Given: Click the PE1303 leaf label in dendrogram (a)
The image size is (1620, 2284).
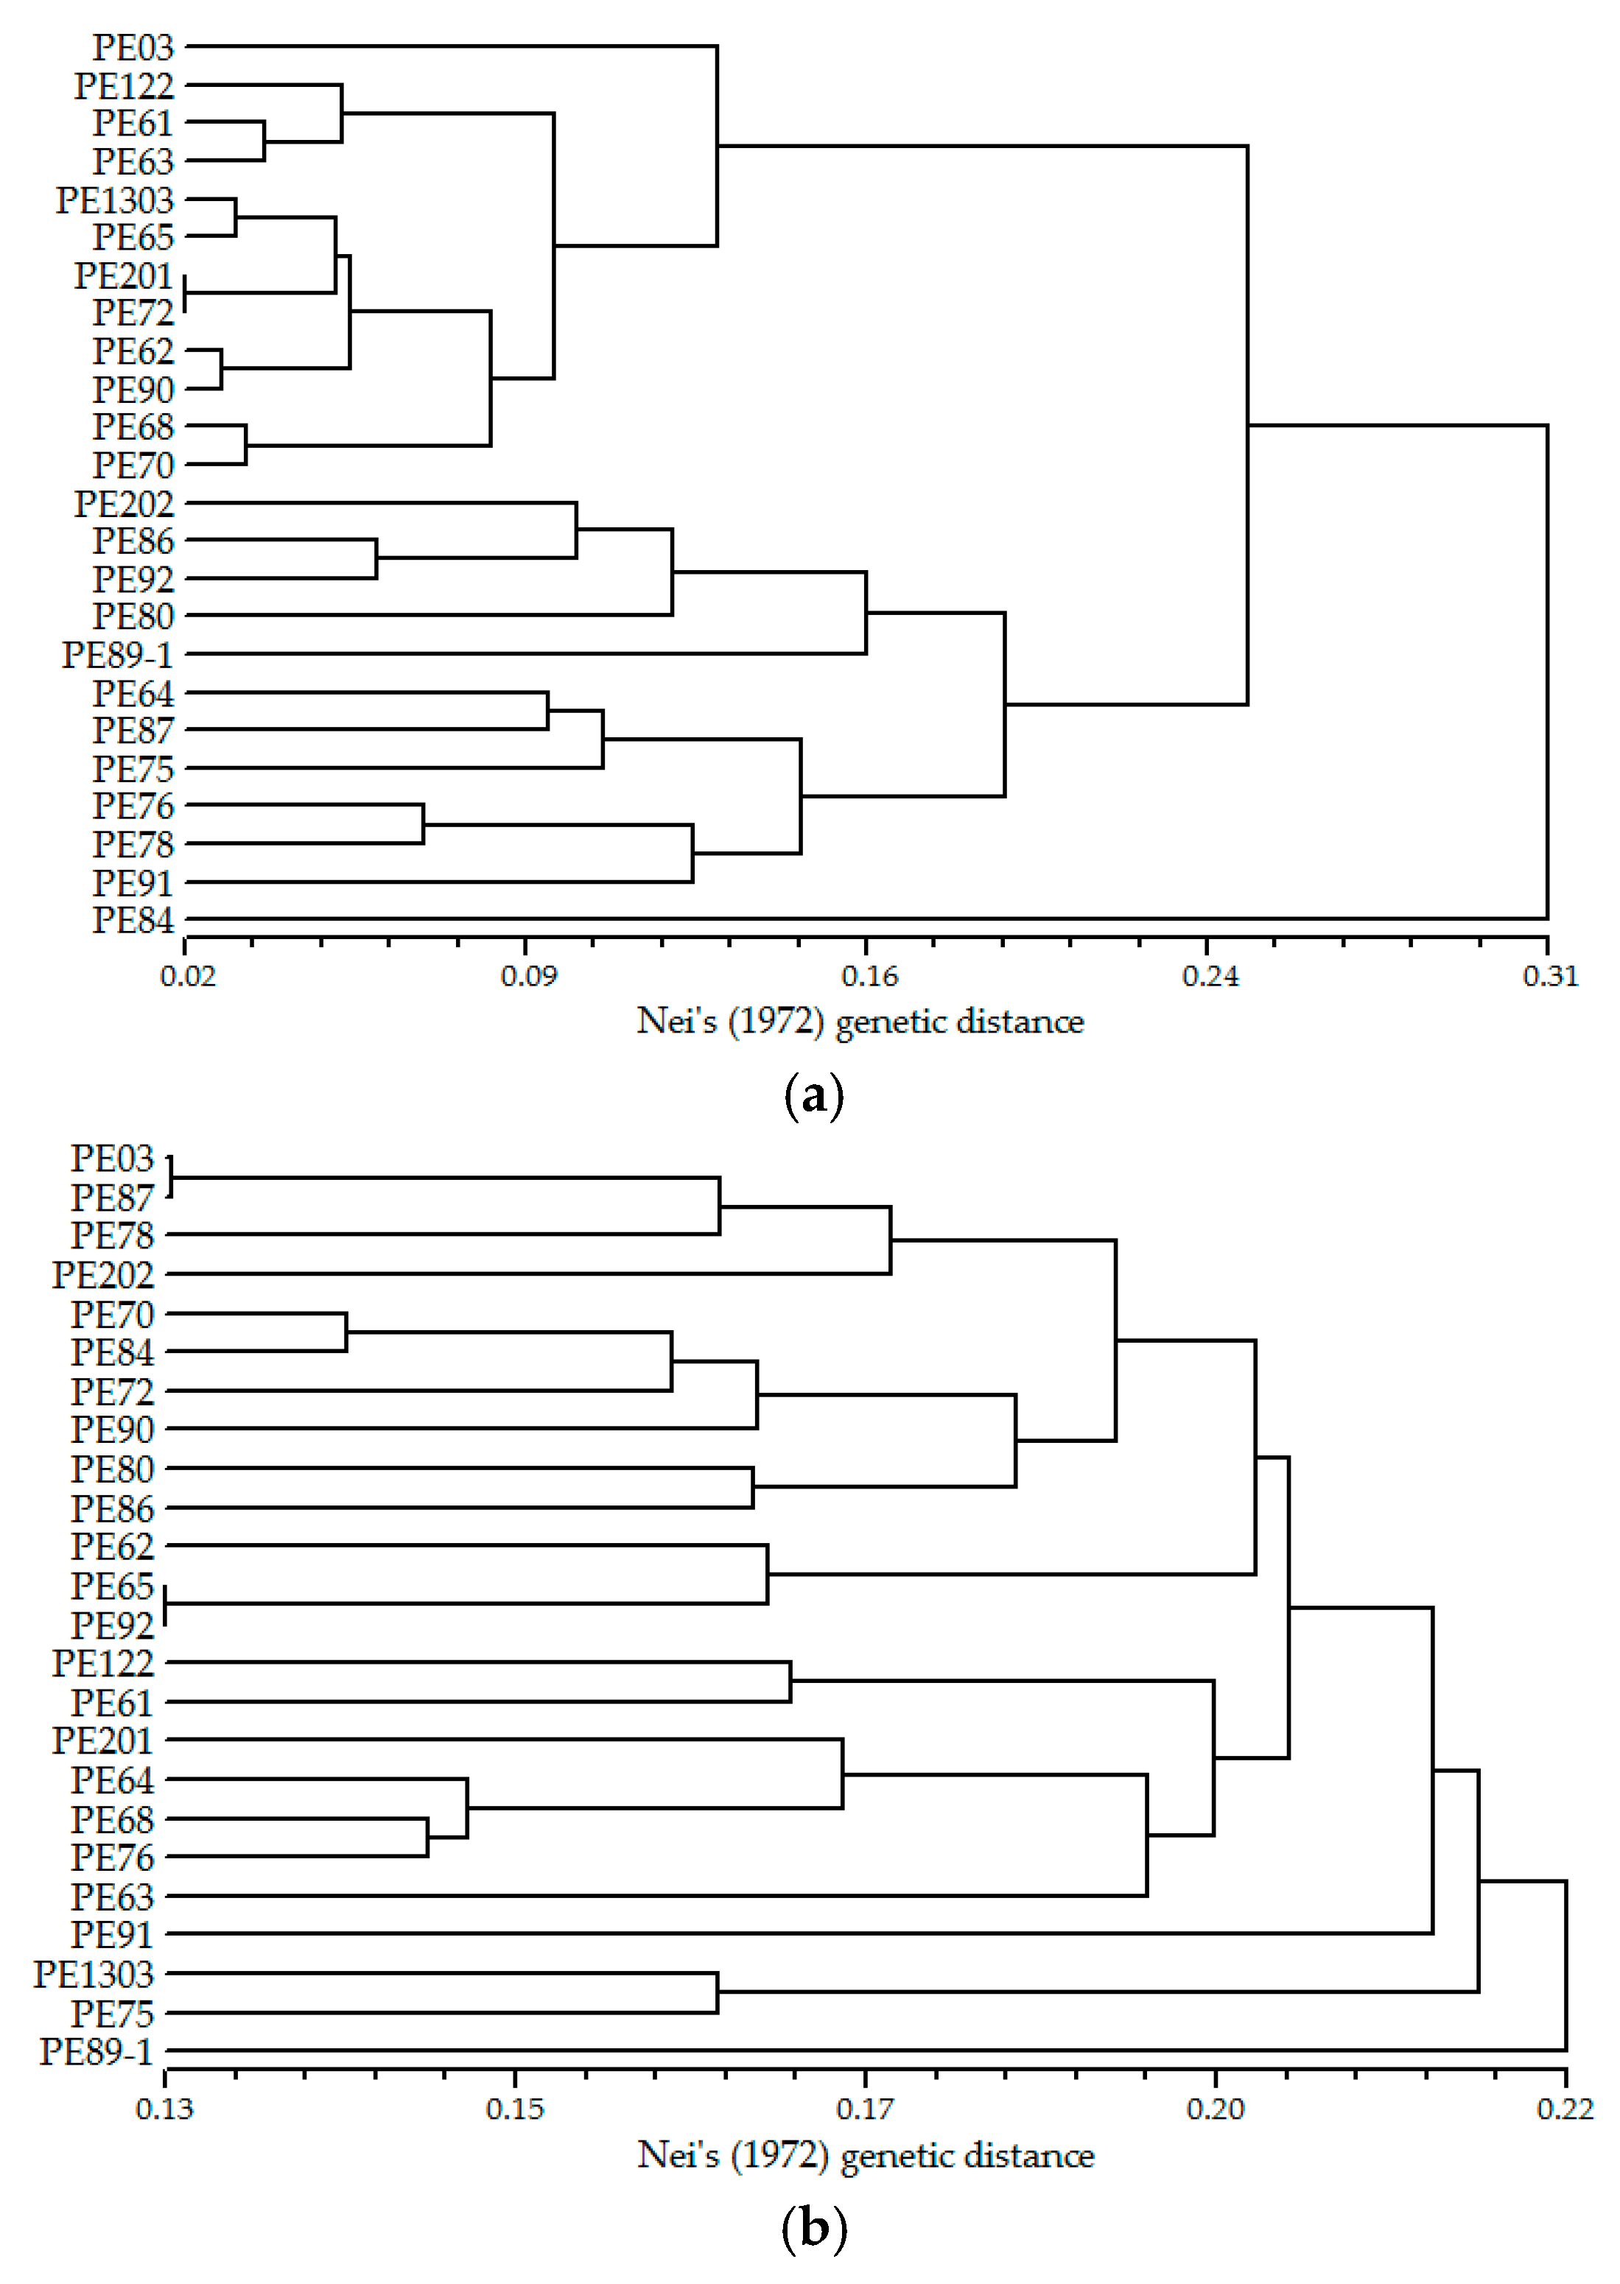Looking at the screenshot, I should click(x=115, y=200).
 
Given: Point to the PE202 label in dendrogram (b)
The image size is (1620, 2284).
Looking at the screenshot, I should click(x=102, y=1275).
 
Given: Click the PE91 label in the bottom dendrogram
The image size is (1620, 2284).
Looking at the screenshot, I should click(x=112, y=1934).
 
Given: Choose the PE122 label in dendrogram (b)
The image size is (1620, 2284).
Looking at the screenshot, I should click(x=102, y=1662).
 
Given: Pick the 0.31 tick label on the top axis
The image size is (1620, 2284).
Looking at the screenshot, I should click(x=1550, y=975).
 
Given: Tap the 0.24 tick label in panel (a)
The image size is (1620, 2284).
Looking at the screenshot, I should click(x=1209, y=975).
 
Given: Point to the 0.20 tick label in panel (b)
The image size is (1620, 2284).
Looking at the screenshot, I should click(x=1215, y=2109).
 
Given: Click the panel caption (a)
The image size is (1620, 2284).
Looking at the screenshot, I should click(x=814, y=1096).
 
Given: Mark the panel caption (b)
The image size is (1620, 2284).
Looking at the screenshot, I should click(x=814, y=2228).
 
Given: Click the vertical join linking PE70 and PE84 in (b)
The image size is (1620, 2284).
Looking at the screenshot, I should click(x=346, y=1332).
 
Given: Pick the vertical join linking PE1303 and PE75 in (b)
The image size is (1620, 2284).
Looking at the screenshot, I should click(x=718, y=1993).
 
